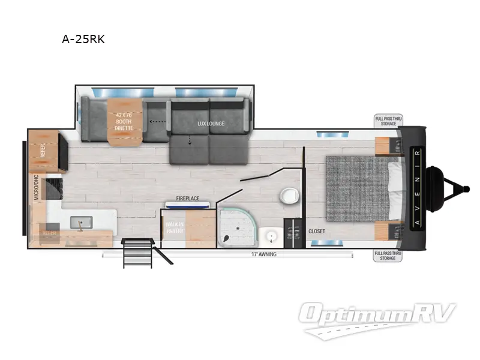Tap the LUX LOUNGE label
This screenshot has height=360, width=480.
(211, 124)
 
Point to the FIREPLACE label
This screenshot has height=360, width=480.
(187, 198)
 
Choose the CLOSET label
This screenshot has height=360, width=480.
(317, 231)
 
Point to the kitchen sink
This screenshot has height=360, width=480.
(79, 224)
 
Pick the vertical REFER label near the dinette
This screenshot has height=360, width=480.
(43, 150)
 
